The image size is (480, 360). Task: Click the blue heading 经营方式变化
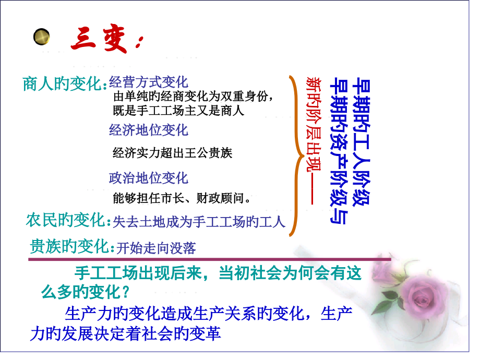149,82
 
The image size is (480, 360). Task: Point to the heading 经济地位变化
149,129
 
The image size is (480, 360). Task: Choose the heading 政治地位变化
149,178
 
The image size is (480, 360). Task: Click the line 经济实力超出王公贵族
172,153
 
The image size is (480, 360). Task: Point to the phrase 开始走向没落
157,248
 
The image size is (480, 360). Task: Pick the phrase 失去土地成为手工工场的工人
199,222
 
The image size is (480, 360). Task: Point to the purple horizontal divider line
209,259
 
